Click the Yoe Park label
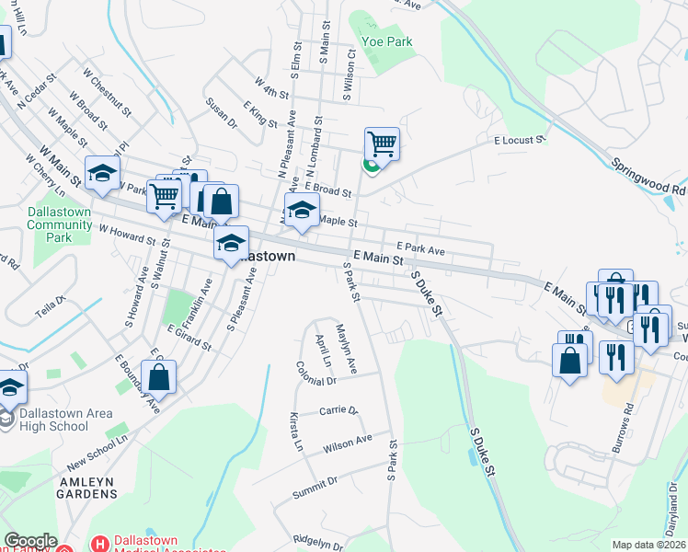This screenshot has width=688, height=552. pos(387,41)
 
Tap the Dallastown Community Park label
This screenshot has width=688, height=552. pos(62,224)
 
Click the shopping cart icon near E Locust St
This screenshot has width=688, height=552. pos(382,144)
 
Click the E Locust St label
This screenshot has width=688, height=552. pos(520,141)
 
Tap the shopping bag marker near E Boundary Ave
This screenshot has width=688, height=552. pos(159,377)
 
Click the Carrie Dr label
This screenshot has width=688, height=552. pos(338,410)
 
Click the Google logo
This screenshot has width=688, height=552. pos(30,541)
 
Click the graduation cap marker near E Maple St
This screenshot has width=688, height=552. pos(302,211)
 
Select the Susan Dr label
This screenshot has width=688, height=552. pos(222,113)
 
